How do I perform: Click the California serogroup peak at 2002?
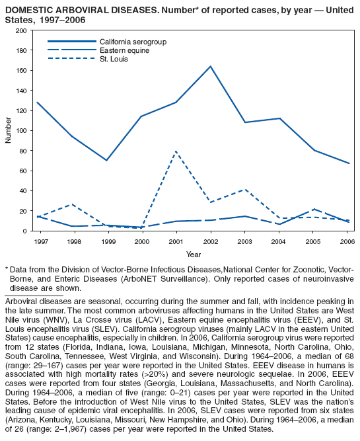pyautogui.click(x=211, y=66)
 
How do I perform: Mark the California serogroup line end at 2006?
pyautogui.click(x=349, y=163)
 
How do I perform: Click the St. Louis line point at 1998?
pyautogui.click(x=73, y=204)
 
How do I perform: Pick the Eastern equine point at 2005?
pyautogui.click(x=315, y=209)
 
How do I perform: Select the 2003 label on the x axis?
pyautogui.click(x=245, y=241)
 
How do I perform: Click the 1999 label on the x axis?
pyautogui.click(x=108, y=241)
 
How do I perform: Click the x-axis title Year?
pyautogui.click(x=194, y=254)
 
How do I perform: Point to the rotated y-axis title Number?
pyautogui.click(x=8, y=131)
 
